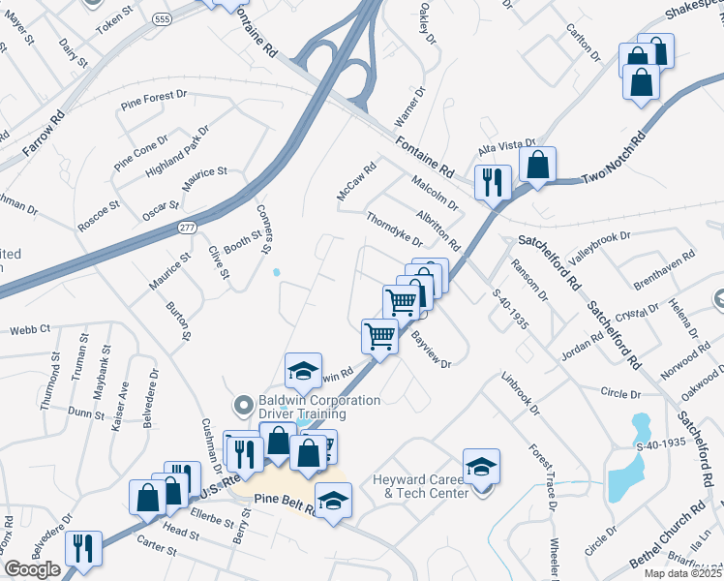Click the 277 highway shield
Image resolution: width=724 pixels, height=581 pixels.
pos(188,226)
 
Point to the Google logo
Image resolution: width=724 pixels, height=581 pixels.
pos(32,569)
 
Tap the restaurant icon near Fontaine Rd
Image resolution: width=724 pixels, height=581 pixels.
pos(493,181)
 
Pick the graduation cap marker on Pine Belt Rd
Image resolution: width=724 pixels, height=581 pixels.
pos(333,501)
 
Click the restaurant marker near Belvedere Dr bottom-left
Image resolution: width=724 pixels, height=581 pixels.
pos(84,548)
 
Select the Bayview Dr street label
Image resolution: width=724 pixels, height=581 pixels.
pos(432,351)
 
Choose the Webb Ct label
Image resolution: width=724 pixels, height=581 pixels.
pos(29,329)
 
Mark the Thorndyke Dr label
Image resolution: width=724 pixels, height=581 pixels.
pos(395,230)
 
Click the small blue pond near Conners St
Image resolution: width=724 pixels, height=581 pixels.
pos(278,272)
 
